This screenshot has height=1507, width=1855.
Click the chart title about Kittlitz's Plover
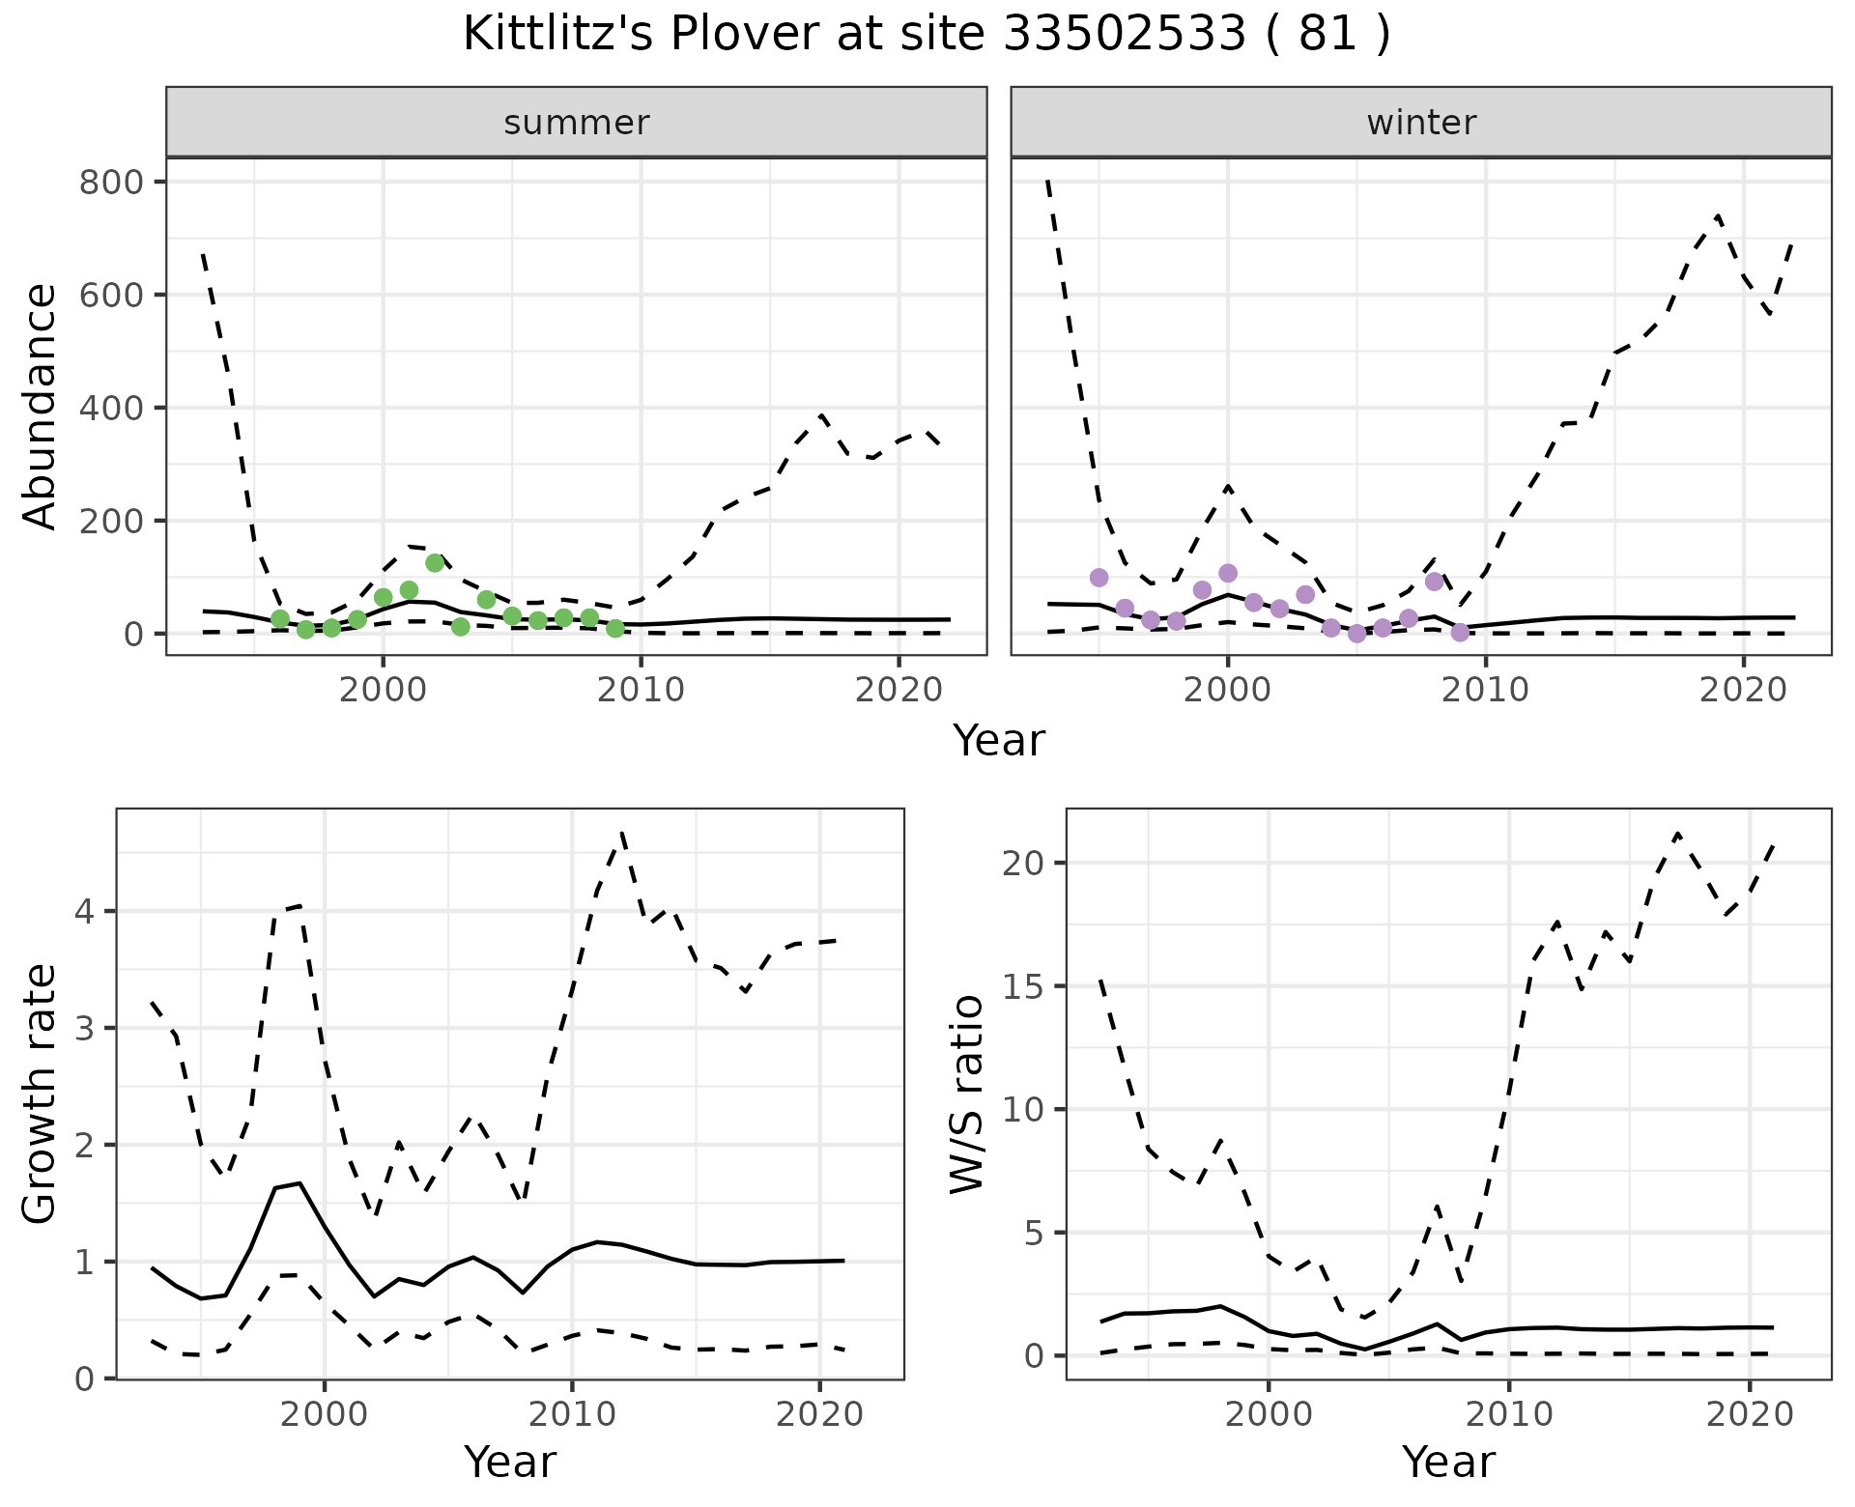(x=927, y=35)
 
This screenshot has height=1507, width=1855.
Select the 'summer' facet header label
(x=577, y=123)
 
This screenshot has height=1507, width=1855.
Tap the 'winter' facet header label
(x=1421, y=123)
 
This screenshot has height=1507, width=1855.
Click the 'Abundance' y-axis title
(x=40, y=406)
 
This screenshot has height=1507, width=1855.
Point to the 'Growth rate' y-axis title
(x=40, y=1094)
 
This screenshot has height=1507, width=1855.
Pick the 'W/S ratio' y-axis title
(x=966, y=1094)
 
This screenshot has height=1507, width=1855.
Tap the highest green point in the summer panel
(x=435, y=563)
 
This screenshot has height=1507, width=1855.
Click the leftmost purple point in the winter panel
(x=1099, y=578)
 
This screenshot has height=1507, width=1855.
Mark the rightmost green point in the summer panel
(x=615, y=629)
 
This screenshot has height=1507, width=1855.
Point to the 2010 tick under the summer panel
(x=641, y=690)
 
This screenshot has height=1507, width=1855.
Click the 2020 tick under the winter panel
(x=1744, y=690)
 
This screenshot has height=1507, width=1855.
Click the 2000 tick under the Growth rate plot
(x=325, y=1414)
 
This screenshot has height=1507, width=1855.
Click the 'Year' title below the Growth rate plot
(x=510, y=1462)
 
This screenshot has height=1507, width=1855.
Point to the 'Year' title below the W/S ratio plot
(x=1448, y=1462)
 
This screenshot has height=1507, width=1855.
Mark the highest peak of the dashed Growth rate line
(x=622, y=832)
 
